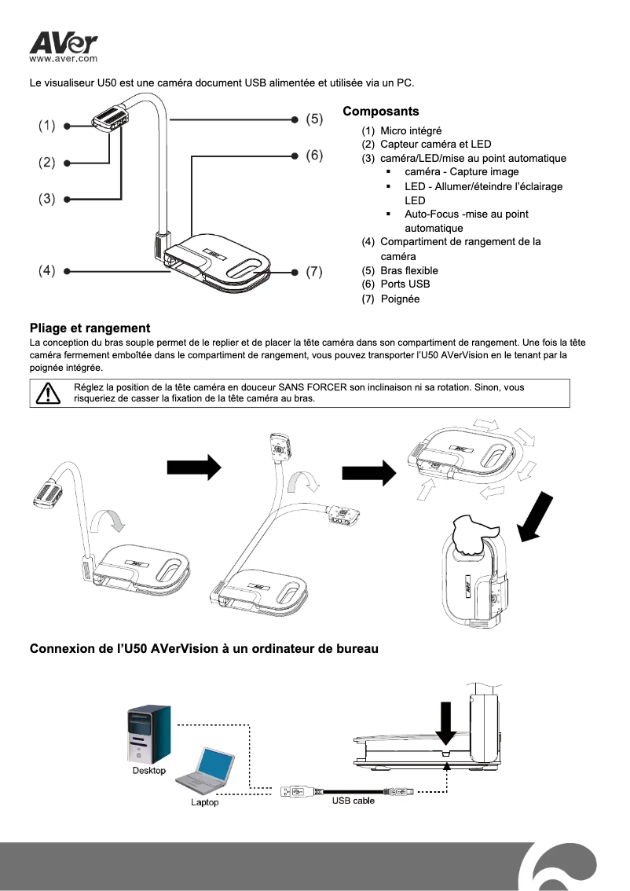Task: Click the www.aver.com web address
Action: coord(63,58)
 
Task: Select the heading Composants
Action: coord(381,112)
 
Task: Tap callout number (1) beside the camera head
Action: coord(48,125)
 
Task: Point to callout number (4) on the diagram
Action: coord(48,271)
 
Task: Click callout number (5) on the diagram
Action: coord(314,119)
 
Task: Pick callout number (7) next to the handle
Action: coord(314,272)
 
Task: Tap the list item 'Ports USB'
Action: coord(405,284)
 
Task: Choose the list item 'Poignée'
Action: coord(400,299)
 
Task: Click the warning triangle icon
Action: coord(48,392)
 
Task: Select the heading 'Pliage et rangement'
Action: coord(90,328)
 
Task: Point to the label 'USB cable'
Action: coord(353,801)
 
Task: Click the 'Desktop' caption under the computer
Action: coord(148,771)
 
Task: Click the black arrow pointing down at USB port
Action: coord(446,721)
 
